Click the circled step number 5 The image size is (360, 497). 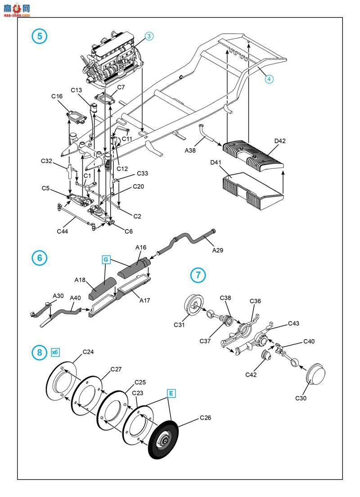click(39, 36)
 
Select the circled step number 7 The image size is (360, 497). click(198, 275)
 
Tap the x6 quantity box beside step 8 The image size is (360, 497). click(55, 352)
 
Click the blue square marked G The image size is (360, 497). click(106, 260)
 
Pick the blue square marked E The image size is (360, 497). click(171, 393)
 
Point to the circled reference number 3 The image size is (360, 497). click(149, 36)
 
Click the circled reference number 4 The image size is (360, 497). click(269, 79)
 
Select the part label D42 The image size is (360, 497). click(280, 141)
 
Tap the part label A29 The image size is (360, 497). click(218, 250)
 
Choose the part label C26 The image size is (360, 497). click(205, 418)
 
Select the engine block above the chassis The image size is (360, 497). click(112, 61)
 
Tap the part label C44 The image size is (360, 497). click(63, 231)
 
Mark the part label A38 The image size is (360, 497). click(190, 150)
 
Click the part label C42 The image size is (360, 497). click(251, 375)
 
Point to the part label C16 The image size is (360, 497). click(57, 96)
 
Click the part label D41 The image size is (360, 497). click(216, 163)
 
